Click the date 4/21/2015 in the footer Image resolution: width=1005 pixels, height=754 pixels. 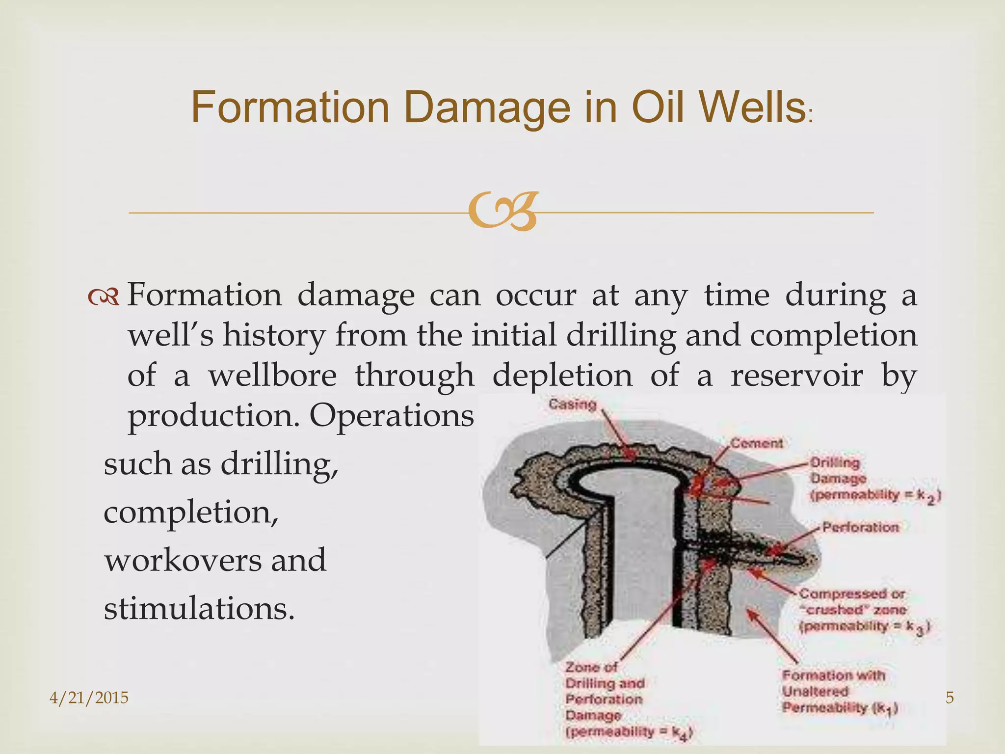(x=89, y=697)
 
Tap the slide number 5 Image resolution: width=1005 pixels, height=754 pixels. (x=950, y=697)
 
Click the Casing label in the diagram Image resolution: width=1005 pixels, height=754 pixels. (x=572, y=404)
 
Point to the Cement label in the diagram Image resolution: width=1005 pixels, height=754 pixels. (x=756, y=443)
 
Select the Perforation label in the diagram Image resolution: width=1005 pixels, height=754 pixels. (x=860, y=527)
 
